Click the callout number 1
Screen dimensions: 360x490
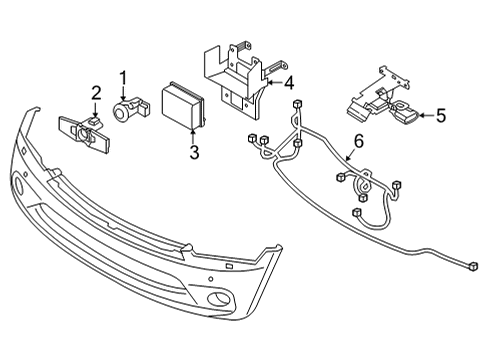point(123,77)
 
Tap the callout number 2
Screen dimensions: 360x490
point(96,94)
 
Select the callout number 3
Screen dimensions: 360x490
point(195,152)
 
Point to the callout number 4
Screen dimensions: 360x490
point(289,83)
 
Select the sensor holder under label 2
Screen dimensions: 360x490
point(85,130)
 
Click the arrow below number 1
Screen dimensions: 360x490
point(124,91)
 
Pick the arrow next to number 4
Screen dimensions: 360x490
point(272,83)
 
